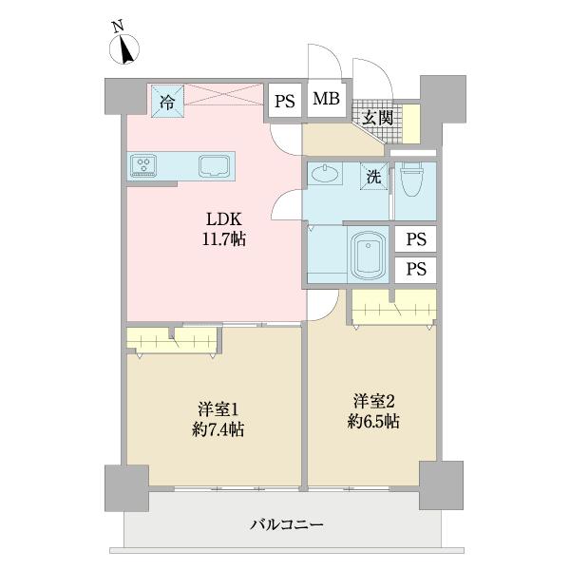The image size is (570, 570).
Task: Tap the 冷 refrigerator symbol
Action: point(167,98)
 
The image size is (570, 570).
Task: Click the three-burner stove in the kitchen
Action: point(146,165)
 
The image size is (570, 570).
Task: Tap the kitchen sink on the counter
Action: point(217,166)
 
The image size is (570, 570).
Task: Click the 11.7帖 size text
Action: point(224,240)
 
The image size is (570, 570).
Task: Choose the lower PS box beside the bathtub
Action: point(414,269)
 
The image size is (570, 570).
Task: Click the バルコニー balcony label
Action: point(287,523)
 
